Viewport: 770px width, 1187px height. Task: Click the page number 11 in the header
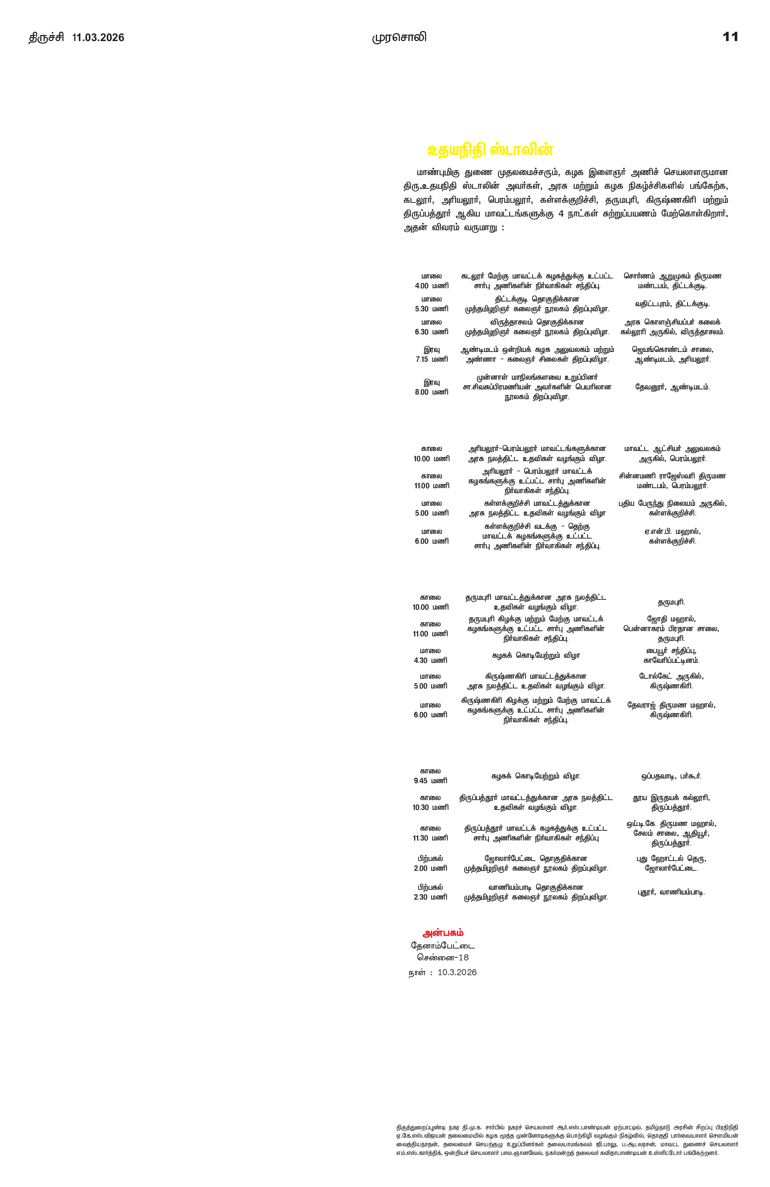(x=730, y=37)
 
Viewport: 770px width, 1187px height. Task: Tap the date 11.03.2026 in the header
(x=98, y=38)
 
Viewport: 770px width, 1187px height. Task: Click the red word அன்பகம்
(x=443, y=933)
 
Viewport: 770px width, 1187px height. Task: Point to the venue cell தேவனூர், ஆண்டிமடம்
(x=672, y=387)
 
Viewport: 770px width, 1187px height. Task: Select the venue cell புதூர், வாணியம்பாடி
(x=671, y=892)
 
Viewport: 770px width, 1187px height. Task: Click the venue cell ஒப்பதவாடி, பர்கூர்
(x=671, y=776)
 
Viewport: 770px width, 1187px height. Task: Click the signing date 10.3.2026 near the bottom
(x=457, y=972)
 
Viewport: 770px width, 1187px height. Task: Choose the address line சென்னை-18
(x=443, y=958)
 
